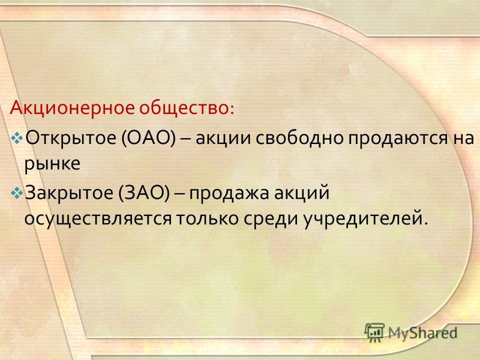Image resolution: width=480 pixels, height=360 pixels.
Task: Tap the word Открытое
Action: pyautogui.click(x=70, y=139)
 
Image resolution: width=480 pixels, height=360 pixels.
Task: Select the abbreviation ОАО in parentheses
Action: pyautogui.click(x=148, y=138)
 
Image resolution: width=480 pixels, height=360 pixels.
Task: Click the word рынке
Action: pyautogui.click(x=52, y=164)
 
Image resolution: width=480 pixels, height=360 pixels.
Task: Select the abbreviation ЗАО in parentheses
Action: pyautogui.click(x=143, y=193)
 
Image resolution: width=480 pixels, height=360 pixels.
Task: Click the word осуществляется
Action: pyautogui.click(x=98, y=219)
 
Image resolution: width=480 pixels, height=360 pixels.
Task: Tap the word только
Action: pyautogui.click(x=207, y=218)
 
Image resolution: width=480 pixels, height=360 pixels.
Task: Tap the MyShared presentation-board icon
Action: pyautogui.click(x=374, y=332)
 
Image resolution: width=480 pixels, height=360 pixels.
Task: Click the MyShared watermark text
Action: pyautogui.click(x=422, y=333)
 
